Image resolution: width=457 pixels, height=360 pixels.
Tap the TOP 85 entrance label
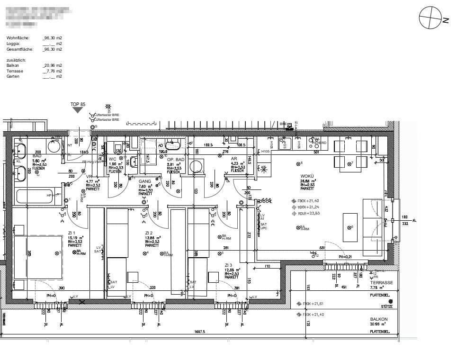[x=78, y=104]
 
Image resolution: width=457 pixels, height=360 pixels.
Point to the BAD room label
[x=37, y=156]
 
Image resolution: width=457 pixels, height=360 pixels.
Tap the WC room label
[x=113, y=159]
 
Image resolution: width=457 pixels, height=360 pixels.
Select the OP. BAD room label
[x=176, y=160]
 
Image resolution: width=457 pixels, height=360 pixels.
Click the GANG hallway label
[x=145, y=181]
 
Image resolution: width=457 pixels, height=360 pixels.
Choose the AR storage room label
[x=234, y=159]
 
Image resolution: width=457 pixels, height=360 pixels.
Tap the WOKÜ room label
[x=307, y=176]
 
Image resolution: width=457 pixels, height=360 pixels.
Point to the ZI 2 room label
[x=149, y=233]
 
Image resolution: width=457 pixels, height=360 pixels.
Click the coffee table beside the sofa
[x=350, y=227]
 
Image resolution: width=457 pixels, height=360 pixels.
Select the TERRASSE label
[x=382, y=282]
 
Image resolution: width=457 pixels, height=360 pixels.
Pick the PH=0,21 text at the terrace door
[x=345, y=257]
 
